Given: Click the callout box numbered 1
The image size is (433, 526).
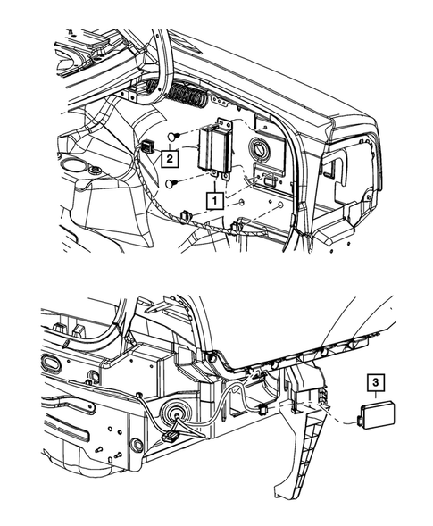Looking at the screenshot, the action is click(214, 200).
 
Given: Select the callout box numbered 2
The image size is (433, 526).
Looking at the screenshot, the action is click(170, 158).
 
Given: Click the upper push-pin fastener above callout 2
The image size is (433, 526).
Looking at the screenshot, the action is click(172, 137).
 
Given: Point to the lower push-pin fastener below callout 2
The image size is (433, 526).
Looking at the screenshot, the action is click(172, 183).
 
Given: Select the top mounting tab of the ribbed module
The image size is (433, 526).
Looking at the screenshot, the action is click(224, 122).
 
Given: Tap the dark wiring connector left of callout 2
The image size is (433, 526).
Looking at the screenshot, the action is click(148, 147).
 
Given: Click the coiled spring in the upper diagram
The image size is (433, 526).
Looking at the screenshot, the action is click(188, 95).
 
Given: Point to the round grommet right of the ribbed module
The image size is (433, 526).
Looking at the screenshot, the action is click(261, 148).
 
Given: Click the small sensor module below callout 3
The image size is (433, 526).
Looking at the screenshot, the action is click(378, 415).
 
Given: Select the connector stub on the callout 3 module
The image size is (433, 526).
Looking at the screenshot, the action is click(360, 418).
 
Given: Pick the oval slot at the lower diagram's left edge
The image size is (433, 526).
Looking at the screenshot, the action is click(50, 363).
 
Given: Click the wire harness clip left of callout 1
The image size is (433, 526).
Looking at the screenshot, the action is click(186, 216).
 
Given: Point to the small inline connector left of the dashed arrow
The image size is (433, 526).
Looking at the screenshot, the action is click(262, 409).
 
